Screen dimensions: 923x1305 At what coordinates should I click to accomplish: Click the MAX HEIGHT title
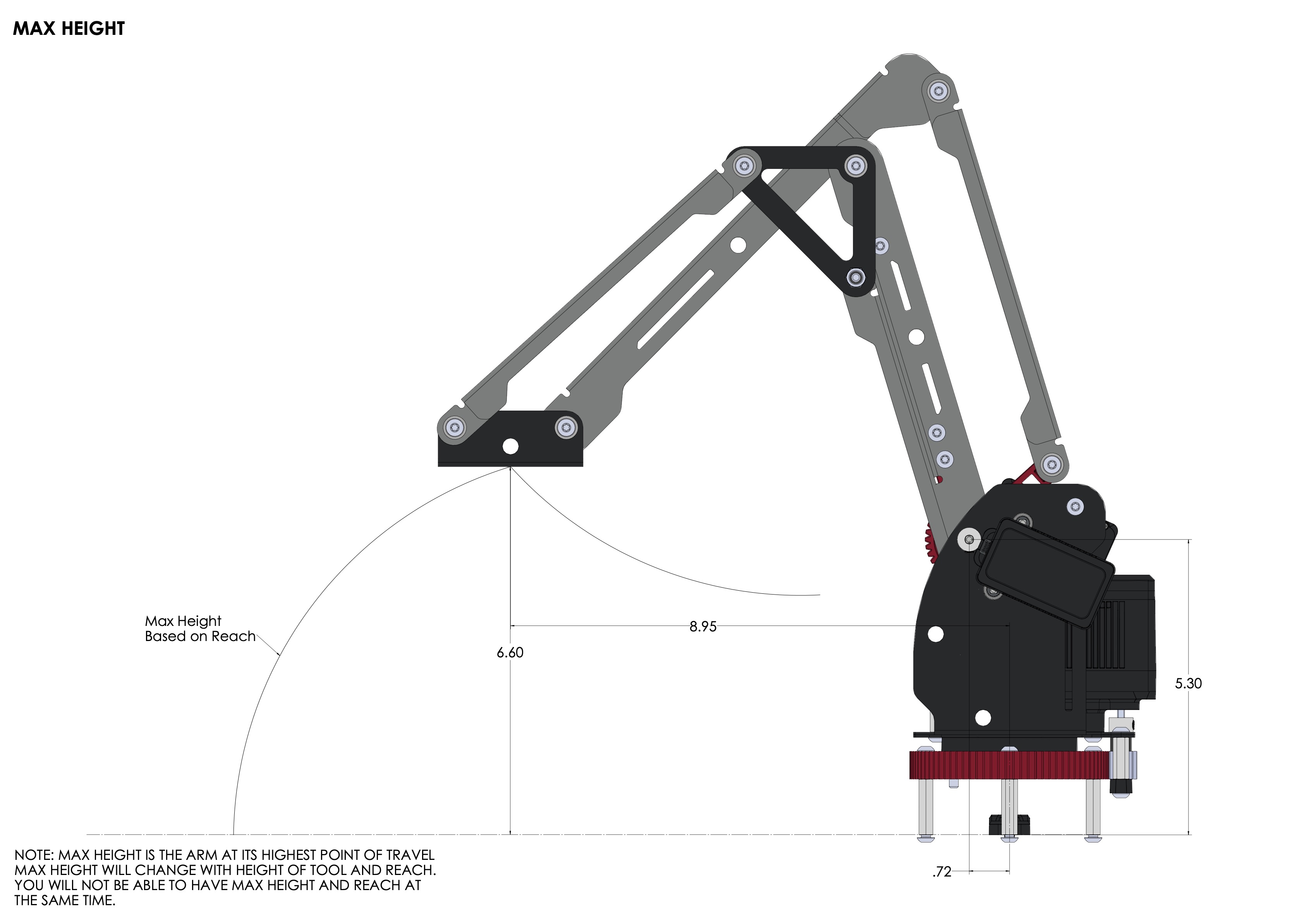(69, 28)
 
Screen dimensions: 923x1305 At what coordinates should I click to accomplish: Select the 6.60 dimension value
(510, 653)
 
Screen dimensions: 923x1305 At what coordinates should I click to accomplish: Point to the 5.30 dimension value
(1188, 684)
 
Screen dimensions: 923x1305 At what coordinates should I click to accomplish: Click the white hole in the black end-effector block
(510, 447)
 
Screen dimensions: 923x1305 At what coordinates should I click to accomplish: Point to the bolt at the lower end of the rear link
(1052, 464)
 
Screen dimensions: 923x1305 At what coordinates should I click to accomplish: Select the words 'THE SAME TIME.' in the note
(65, 900)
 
